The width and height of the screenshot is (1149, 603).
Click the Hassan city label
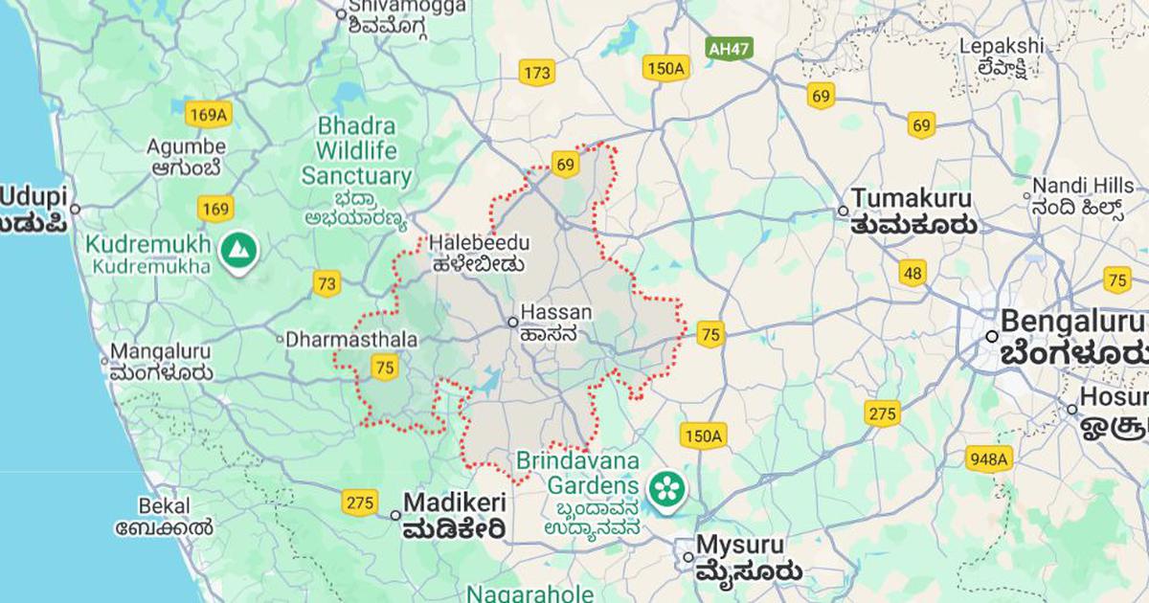(555, 313)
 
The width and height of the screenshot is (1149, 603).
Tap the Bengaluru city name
(1072, 321)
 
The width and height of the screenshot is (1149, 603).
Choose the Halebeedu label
(479, 243)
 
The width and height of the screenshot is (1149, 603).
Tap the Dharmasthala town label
(352, 340)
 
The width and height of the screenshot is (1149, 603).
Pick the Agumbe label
(187, 147)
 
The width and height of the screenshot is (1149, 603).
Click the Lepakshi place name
(1003, 46)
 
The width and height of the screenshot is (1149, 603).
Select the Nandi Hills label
(1076, 187)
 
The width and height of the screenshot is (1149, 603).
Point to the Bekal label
(164, 505)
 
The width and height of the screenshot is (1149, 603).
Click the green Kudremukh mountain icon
(233, 250)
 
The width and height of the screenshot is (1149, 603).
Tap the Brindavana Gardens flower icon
(662, 489)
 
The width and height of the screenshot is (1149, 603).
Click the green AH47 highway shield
(728, 47)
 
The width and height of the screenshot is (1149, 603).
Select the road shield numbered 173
(538, 72)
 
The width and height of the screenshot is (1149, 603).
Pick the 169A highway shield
(209, 116)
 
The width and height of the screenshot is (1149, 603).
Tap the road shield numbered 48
(912, 274)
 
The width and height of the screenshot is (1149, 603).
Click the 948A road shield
(988, 458)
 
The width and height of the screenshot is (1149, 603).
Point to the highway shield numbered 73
(327, 283)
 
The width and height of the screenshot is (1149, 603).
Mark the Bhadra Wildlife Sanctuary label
(356, 151)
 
